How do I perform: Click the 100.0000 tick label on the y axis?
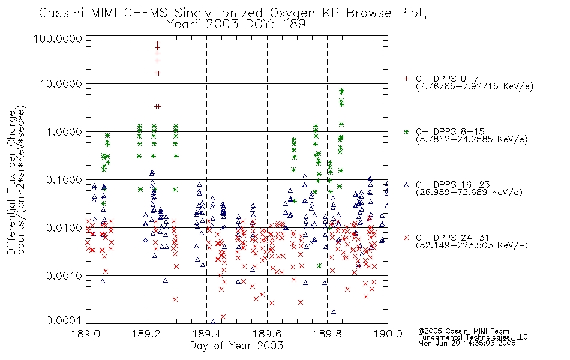(x=58, y=38)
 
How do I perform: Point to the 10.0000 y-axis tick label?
(x=61, y=84)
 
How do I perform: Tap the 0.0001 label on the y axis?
(x=64, y=320)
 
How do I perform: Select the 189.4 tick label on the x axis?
(x=206, y=334)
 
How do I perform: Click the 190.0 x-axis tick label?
(x=388, y=334)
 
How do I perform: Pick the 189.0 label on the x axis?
(x=86, y=334)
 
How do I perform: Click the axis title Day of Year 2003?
(x=236, y=346)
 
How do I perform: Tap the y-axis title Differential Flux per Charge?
(x=11, y=182)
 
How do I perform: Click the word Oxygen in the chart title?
(x=293, y=13)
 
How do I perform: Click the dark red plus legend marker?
(x=406, y=79)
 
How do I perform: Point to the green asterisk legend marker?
(x=406, y=131)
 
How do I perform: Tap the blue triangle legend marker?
(x=406, y=185)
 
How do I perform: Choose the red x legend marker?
(x=406, y=238)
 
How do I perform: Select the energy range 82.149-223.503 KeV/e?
(x=472, y=245)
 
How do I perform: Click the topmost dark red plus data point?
(x=158, y=43)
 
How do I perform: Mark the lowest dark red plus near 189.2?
(x=158, y=107)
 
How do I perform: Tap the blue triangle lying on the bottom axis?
(x=213, y=322)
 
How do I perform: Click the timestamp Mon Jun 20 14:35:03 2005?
(x=467, y=343)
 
